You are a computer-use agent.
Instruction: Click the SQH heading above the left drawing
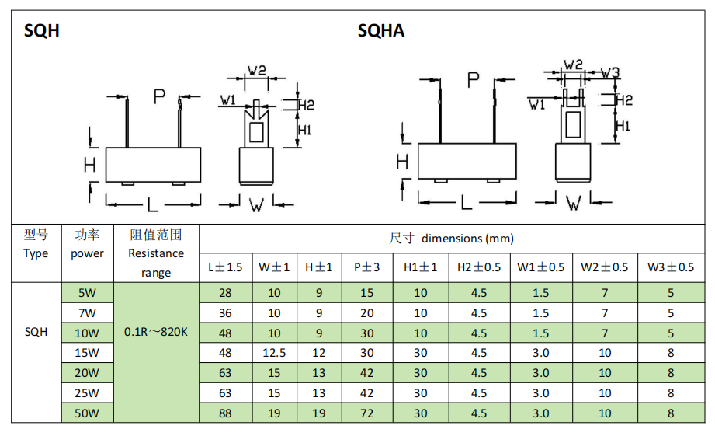tap(41, 30)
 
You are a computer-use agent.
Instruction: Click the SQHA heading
tap(380, 30)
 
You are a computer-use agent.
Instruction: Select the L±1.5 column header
tap(225, 267)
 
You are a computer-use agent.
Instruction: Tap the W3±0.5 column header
tap(671, 267)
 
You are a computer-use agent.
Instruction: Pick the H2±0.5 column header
tap(479, 267)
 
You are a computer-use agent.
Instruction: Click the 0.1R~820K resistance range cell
tap(156, 332)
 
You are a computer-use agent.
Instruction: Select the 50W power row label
tap(87, 413)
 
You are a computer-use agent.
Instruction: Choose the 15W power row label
tap(87, 353)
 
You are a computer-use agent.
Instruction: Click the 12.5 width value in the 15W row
tap(274, 353)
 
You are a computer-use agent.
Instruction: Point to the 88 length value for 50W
tap(225, 413)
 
